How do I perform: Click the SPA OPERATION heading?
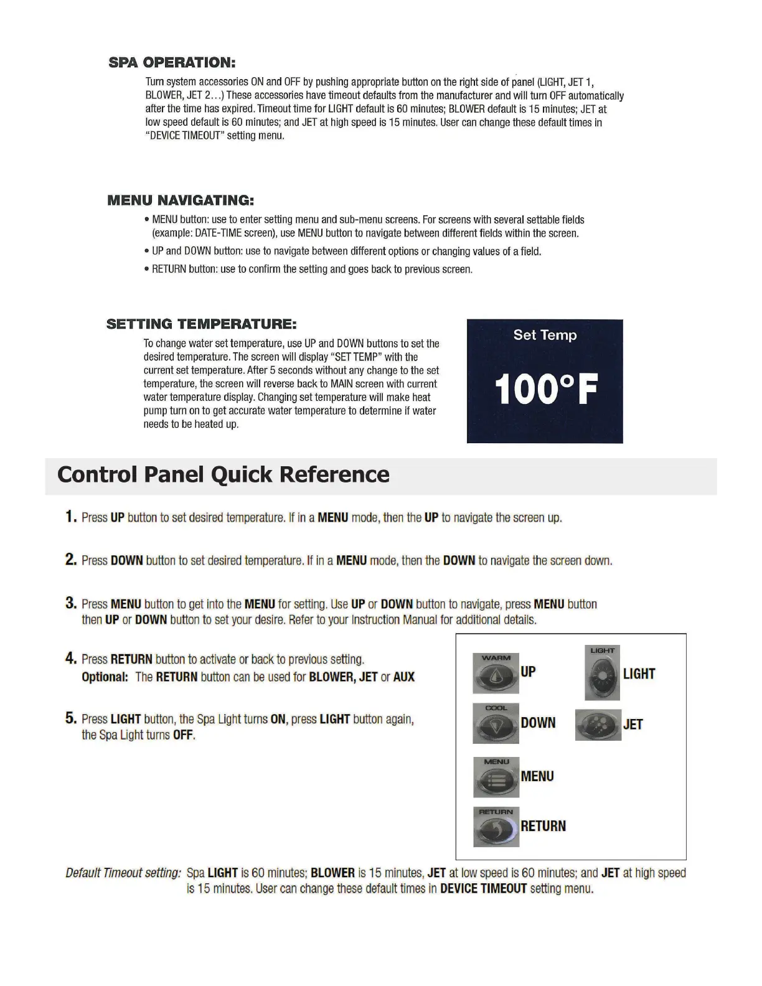tap(172, 62)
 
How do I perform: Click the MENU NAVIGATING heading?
tap(181, 200)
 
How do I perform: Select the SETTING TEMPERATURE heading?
tap(201, 324)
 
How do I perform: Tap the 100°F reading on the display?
tap(545, 390)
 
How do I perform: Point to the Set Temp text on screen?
tap(545, 335)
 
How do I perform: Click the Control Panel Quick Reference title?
tap(223, 475)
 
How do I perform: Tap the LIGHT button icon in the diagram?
tap(602, 674)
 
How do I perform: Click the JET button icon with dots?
tap(598, 725)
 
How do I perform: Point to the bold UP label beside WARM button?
tap(528, 672)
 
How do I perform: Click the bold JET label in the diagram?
tap(633, 725)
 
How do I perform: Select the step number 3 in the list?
tap(71, 603)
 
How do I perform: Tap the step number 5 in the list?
tap(71, 718)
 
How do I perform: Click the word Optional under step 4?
tap(105, 677)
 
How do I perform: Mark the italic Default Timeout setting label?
tap(123, 873)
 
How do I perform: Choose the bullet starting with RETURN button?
tap(312, 270)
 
